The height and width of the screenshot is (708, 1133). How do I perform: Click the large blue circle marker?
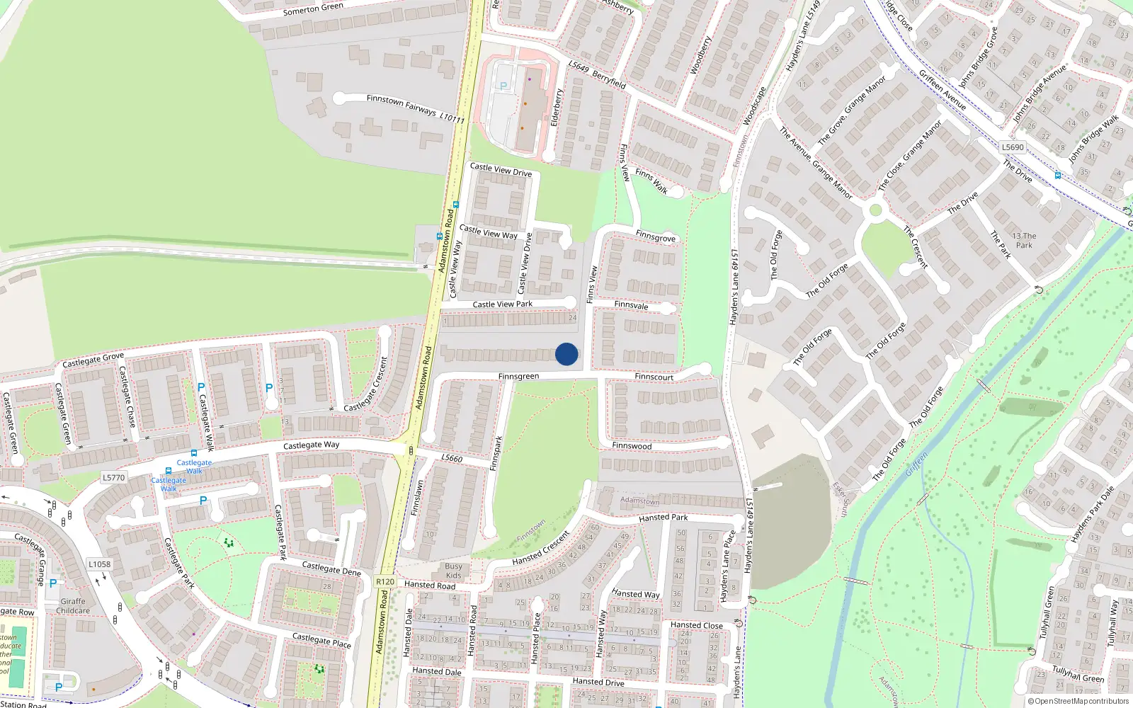pos(566,354)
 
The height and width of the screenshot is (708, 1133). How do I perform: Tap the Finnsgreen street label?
pos(518,377)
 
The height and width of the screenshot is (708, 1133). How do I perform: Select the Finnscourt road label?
pos(654,377)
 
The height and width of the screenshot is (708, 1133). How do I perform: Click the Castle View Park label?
pos(502,304)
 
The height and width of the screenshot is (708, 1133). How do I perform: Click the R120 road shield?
pos(385,582)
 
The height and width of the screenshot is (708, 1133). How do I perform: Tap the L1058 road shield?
pos(99,564)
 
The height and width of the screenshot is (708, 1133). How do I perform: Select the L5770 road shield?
pos(113,478)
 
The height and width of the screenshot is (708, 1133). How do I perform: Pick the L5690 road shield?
pos(1013,147)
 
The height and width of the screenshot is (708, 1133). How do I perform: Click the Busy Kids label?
pos(453,571)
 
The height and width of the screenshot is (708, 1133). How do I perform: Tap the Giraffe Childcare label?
pos(73,606)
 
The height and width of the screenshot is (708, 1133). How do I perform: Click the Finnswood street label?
pos(632,446)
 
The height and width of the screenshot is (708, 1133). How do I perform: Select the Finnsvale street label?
pos(631,305)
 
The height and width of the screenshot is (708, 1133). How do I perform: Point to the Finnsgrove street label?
pos(655,236)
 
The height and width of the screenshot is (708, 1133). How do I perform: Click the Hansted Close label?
pos(697,625)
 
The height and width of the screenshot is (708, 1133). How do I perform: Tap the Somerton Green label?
pos(313,8)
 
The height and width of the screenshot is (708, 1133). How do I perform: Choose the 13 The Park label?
pos(1024,241)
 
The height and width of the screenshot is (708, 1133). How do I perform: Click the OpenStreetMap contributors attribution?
pos(1078,702)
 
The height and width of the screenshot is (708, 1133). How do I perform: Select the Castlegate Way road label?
pos(311,445)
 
